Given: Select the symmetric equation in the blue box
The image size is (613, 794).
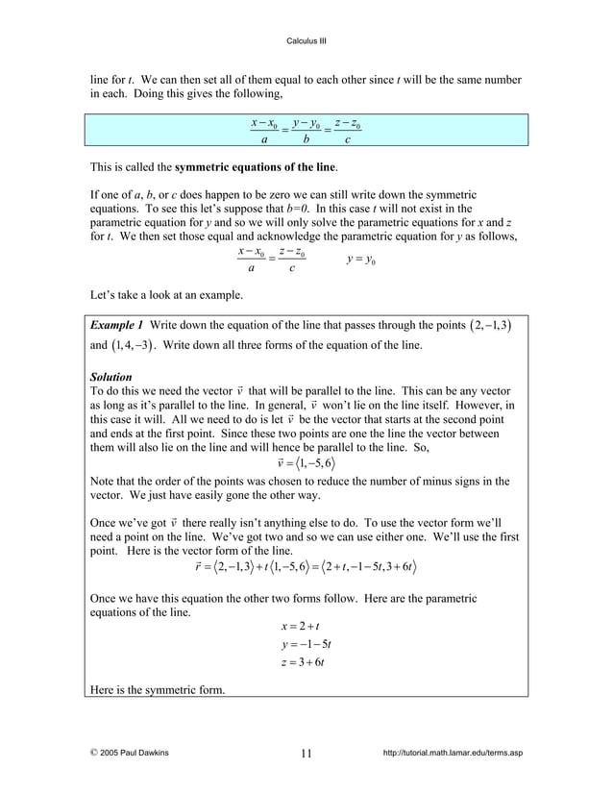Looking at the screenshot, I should [x=306, y=130].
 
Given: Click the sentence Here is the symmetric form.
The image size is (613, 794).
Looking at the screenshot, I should [x=158, y=690].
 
